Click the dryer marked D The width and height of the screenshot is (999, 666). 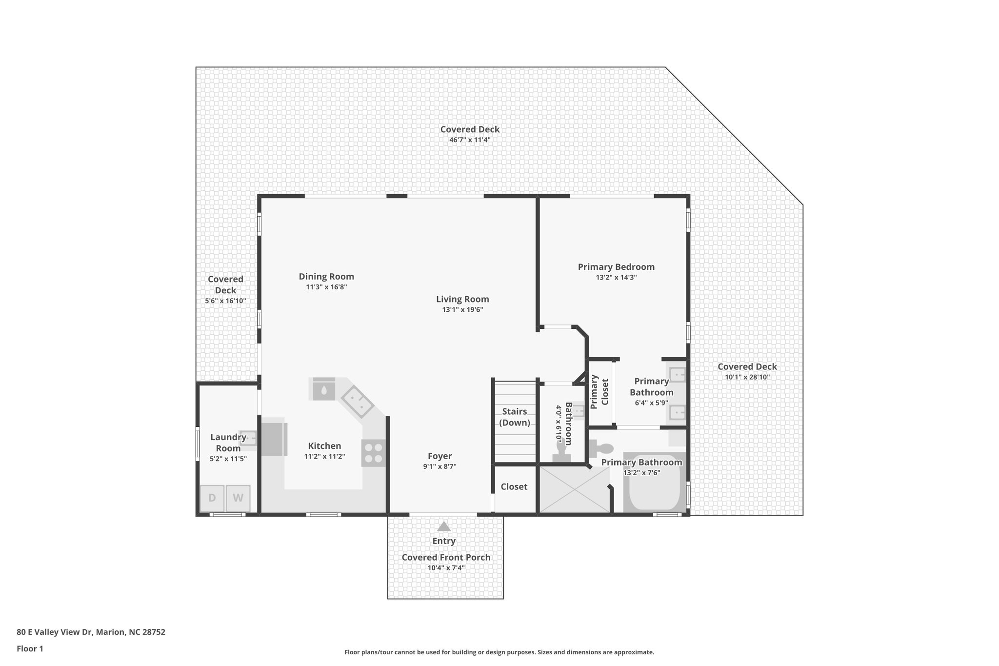click(x=212, y=498)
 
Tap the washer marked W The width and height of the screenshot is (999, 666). click(x=238, y=498)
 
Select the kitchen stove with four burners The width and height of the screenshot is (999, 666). click(x=374, y=453)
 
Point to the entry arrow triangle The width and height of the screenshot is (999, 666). click(x=443, y=526)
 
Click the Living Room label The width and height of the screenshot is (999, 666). click(x=462, y=299)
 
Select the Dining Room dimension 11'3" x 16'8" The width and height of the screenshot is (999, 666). click(x=326, y=287)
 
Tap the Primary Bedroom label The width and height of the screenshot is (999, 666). click(x=616, y=267)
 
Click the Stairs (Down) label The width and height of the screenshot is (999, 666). click(x=515, y=417)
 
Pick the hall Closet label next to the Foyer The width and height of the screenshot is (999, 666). click(x=514, y=486)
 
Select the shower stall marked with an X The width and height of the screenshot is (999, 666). click(x=574, y=490)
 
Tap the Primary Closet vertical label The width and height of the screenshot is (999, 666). click(x=599, y=392)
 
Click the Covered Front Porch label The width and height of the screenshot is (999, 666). click(x=446, y=557)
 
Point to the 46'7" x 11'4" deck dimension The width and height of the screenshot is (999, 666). click(x=470, y=140)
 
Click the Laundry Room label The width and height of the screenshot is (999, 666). click(x=228, y=443)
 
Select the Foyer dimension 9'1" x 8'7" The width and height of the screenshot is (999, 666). click(x=440, y=466)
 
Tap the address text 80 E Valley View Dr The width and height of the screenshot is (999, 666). click(x=55, y=632)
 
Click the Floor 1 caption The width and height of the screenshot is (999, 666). click(x=30, y=648)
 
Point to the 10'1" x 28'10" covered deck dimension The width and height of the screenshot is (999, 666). click(x=747, y=377)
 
